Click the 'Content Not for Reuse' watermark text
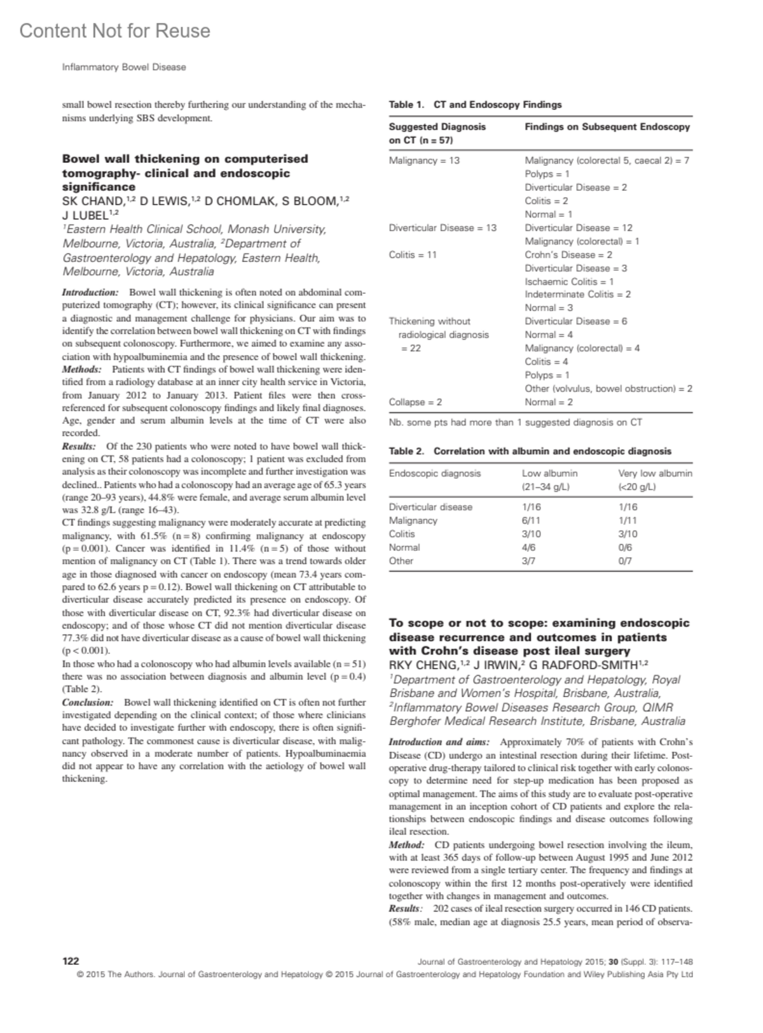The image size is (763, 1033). point(114,31)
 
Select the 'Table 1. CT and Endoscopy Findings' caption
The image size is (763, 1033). point(475,104)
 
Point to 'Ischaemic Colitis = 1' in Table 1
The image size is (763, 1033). point(569,281)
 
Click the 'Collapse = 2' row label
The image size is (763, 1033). point(415,402)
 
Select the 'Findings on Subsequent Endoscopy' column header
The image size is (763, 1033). point(607,127)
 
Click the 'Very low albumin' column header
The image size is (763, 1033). point(655,473)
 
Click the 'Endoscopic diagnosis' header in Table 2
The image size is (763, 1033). point(435,473)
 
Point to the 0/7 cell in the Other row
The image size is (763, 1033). point(625,560)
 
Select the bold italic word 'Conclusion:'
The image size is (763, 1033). point(87,702)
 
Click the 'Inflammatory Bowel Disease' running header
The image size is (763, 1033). point(124,67)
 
